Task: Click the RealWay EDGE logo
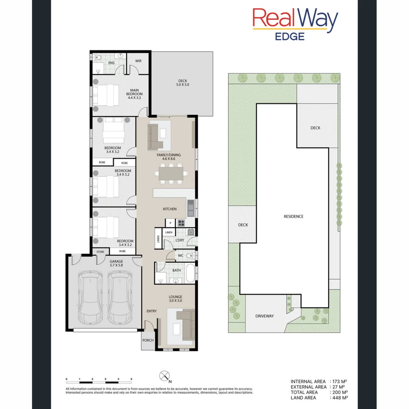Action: (x=295, y=24)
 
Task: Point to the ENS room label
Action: (x=111, y=63)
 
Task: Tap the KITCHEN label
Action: (x=170, y=209)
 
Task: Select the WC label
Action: (x=181, y=256)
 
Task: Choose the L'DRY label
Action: (x=180, y=240)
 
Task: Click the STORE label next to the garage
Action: (x=100, y=251)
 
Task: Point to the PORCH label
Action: (x=148, y=340)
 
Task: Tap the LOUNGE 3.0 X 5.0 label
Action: (x=176, y=299)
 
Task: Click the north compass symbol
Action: (x=164, y=376)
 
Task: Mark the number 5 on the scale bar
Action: (x=131, y=379)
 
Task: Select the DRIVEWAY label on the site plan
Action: (x=264, y=316)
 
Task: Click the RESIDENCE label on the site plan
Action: (x=293, y=217)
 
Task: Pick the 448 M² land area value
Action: (x=340, y=397)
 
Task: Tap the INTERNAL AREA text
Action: (x=308, y=381)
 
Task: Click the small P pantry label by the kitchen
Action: (x=170, y=223)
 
